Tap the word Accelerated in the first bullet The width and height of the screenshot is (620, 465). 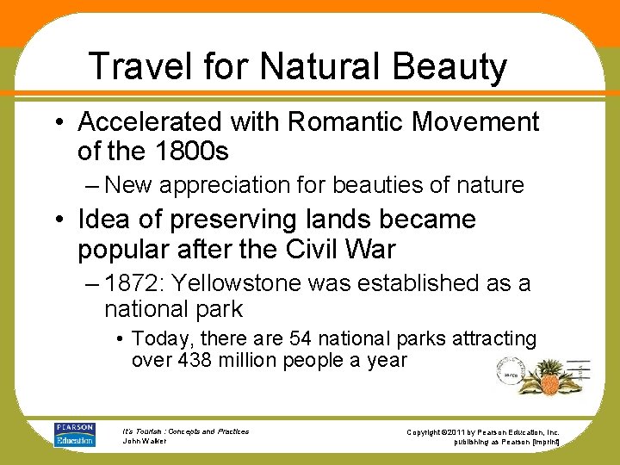coord(152,122)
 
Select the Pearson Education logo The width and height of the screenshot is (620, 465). coord(75,435)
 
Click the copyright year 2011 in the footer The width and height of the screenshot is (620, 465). coord(464,431)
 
